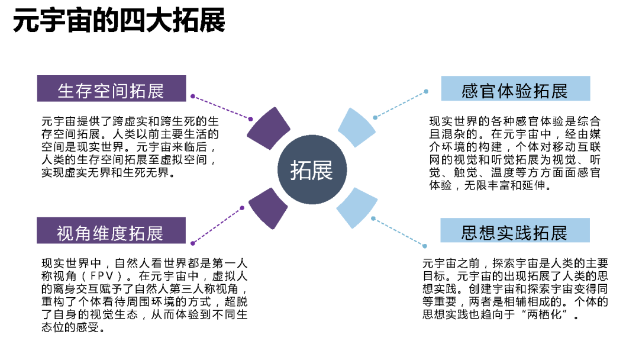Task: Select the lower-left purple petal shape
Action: pos(267,208)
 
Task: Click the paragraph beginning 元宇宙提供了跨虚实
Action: pos(130,147)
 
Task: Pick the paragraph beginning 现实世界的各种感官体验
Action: pos(515,153)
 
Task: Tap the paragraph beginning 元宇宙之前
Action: pos(515,289)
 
